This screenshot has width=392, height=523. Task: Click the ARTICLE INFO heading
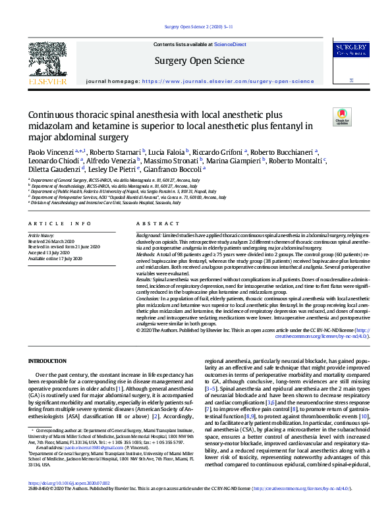coord(50,224)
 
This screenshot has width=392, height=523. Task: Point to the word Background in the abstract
coord(152,235)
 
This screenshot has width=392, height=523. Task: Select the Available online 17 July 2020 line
coord(56,259)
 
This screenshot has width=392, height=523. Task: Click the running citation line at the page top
coord(196,27)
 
